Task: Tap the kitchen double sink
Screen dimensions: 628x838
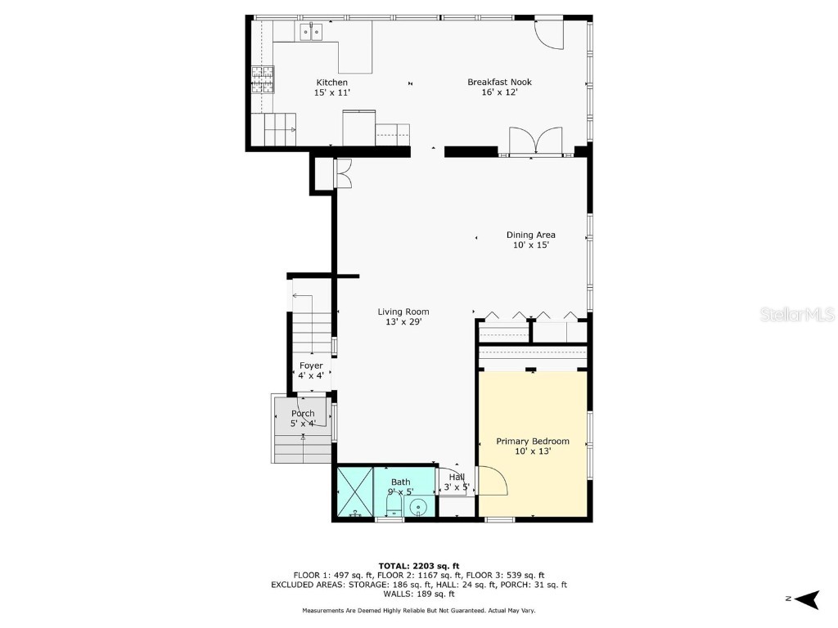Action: click(311, 32)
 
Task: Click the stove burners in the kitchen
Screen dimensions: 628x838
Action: click(262, 79)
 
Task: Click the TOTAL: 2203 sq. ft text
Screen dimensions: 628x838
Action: click(418, 566)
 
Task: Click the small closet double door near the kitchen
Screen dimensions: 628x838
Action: click(342, 173)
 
